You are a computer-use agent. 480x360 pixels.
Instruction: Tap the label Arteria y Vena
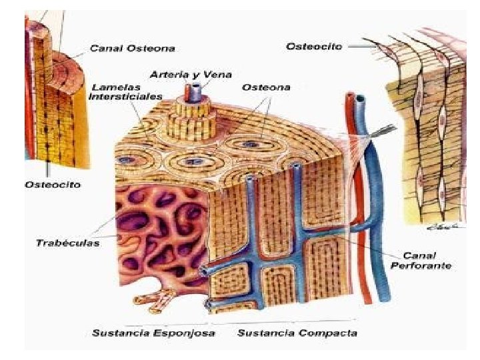coord(177,75)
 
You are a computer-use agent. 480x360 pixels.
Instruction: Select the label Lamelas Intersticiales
coord(127,91)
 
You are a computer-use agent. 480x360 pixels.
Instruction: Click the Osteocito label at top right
coord(313,46)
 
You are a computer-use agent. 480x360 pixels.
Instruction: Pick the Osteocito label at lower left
coord(53,185)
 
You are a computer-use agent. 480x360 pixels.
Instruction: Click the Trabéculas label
coord(67,243)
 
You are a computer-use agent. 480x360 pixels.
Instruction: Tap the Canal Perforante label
coord(427,261)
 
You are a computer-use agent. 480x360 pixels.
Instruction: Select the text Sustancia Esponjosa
coord(153,333)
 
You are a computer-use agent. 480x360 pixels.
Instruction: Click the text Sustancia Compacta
coord(297,333)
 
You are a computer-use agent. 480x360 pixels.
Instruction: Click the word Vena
coord(207,75)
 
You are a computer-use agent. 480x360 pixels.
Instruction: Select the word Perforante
coord(427,265)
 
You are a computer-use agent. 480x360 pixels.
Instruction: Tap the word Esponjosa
coord(185,333)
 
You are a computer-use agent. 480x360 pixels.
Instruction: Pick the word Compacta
coord(327,333)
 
